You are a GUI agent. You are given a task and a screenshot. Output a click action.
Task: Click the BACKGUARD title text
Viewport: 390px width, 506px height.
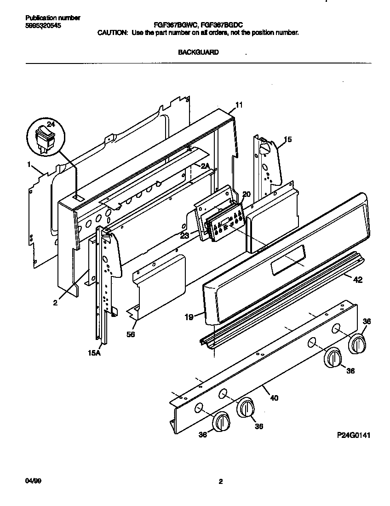[198, 52]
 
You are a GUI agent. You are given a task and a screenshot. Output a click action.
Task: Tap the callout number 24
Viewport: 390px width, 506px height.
[51, 124]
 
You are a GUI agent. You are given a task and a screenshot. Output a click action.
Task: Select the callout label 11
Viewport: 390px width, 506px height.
[239, 105]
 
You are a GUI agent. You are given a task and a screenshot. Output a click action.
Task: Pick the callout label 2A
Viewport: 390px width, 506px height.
[205, 166]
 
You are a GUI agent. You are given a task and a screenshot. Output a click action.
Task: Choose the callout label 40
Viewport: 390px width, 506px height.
[274, 398]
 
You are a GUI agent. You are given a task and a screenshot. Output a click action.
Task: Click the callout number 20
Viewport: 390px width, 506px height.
[246, 195]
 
